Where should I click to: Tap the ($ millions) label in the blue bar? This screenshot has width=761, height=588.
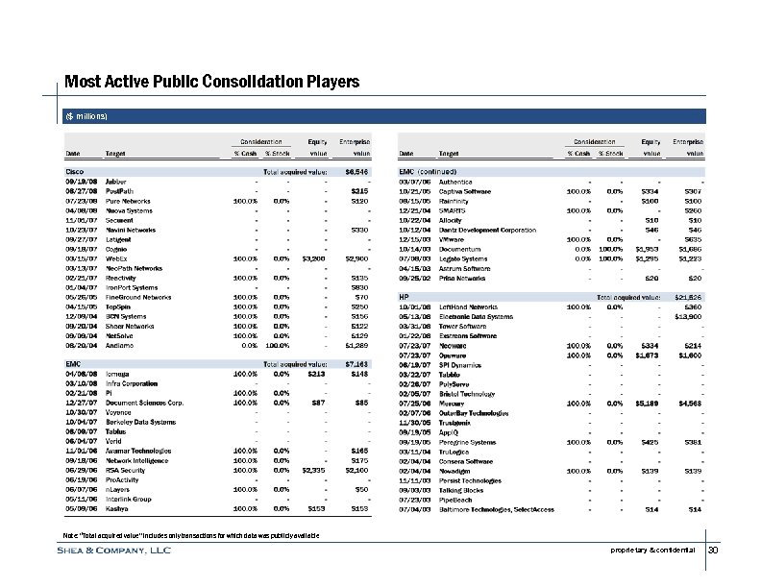click(86, 116)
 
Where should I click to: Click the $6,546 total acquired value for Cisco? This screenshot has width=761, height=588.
click(357, 172)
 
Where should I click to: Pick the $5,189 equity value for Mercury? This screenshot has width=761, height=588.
click(650, 375)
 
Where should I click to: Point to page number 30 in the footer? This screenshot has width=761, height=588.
click(712, 551)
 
